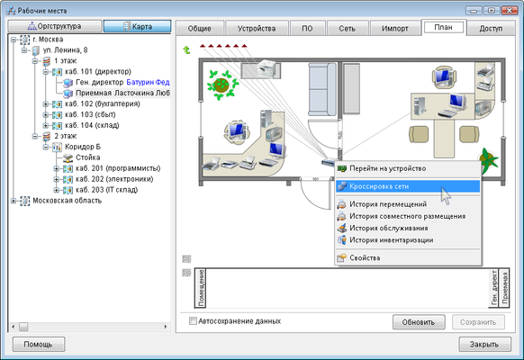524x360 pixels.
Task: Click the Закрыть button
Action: [x=484, y=345]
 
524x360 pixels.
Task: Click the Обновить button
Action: [x=419, y=322]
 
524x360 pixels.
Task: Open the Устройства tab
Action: [x=257, y=29]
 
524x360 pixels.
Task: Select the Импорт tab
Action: [x=394, y=29]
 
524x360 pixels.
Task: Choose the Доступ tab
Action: [x=491, y=29]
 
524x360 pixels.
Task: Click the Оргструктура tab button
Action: [x=55, y=26]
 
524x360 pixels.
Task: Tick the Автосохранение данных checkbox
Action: [x=193, y=321]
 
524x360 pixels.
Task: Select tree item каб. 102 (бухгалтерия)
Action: [x=103, y=103]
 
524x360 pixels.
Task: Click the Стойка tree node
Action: [x=87, y=157]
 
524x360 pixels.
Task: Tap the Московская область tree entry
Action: [x=67, y=201]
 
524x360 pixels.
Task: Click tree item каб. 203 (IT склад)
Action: [x=106, y=190]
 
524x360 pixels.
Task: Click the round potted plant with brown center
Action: [x=221, y=85]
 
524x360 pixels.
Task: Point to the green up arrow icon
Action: [x=186, y=50]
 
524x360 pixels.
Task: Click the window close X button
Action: [x=510, y=11]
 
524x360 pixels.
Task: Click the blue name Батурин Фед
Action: [x=148, y=82]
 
